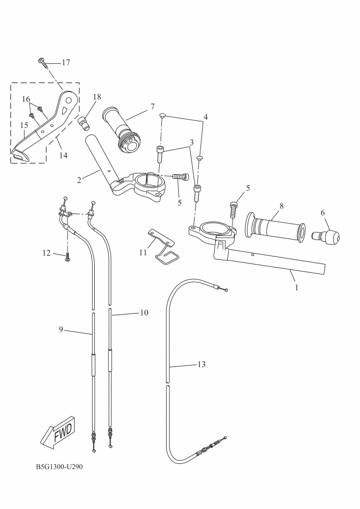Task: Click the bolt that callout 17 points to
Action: point(42,61)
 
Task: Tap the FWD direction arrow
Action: point(59,433)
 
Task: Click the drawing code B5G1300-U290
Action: point(59,467)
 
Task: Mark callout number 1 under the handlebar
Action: point(296,287)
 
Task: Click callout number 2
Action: point(80,179)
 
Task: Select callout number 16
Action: point(25,99)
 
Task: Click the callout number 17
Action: point(65,63)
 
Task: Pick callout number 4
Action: point(205,117)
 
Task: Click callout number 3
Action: point(191,142)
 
